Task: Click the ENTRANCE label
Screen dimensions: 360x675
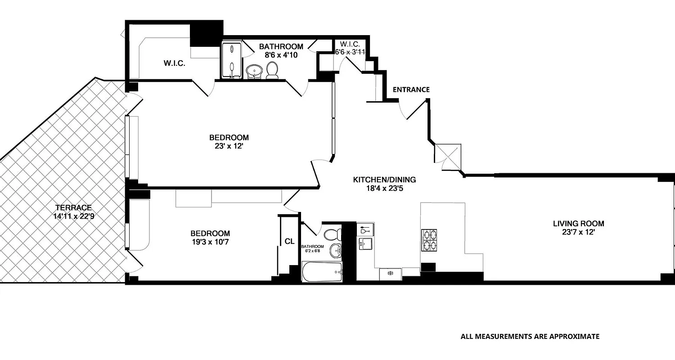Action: coord(411,90)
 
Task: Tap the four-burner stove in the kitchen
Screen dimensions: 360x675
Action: coord(429,240)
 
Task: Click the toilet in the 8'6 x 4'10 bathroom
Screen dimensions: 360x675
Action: coord(272,70)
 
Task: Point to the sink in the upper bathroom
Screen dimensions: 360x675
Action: coord(255,71)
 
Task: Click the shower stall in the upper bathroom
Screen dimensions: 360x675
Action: coord(231,60)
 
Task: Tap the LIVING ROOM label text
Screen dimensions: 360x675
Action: coord(578,224)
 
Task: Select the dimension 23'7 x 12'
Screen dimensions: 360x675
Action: coord(578,232)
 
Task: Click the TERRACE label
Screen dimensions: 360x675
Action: coord(73,207)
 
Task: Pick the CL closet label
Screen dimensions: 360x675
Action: coord(289,242)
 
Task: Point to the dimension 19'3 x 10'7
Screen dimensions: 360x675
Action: coord(210,242)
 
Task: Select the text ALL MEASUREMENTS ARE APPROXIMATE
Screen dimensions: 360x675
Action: coord(530,336)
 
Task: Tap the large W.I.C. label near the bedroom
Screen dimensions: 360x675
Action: coord(175,63)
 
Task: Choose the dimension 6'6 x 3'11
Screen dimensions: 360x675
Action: coord(350,52)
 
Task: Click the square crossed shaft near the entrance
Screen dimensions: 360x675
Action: coord(448,154)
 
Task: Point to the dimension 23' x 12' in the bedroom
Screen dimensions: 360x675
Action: coord(229,146)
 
